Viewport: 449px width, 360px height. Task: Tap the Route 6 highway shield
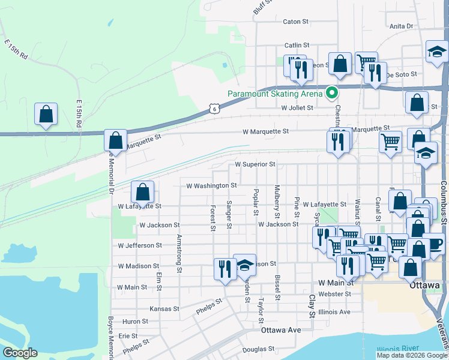click(214, 108)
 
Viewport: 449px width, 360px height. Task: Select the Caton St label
click(295, 22)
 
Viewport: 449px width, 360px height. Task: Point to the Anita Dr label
click(402, 26)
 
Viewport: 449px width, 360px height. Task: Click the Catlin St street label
click(297, 45)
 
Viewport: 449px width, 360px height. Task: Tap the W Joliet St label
click(298, 108)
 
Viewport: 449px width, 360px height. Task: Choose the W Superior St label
click(255, 164)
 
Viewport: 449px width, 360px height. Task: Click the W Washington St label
click(212, 186)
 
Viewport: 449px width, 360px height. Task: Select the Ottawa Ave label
click(280, 331)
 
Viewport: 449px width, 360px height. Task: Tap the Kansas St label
click(164, 309)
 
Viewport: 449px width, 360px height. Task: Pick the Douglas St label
click(259, 349)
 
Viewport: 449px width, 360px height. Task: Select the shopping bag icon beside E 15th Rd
click(46, 114)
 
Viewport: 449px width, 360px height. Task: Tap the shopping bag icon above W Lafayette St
click(142, 192)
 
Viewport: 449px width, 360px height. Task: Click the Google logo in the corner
click(20, 352)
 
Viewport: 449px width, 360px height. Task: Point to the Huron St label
click(134, 322)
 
